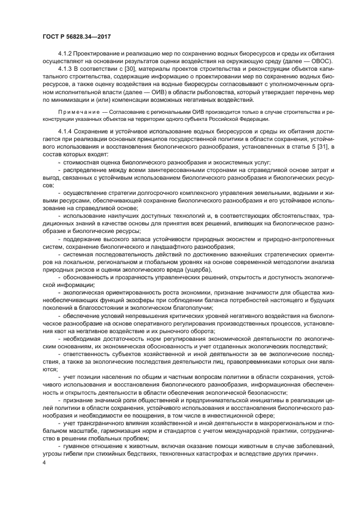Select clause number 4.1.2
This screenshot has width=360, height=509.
(x=66, y=54)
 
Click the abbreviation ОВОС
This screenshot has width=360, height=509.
(x=323, y=62)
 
